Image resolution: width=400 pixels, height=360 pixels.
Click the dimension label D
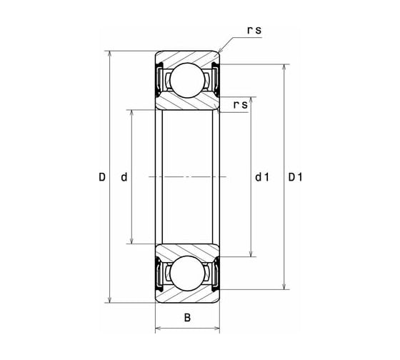(x=102, y=177)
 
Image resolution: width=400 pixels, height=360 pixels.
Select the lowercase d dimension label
(x=124, y=177)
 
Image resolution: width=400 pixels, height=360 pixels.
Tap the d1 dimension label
(x=262, y=177)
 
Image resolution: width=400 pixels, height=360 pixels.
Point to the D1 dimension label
(x=295, y=177)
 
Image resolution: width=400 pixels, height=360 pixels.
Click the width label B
(x=187, y=318)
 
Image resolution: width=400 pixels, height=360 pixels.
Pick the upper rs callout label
(x=254, y=30)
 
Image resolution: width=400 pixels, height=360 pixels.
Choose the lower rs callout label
(x=240, y=104)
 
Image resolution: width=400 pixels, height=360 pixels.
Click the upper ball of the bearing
(x=187, y=80)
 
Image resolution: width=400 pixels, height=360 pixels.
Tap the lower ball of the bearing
(x=187, y=274)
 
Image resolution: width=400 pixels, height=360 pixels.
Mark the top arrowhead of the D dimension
(x=110, y=54)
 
